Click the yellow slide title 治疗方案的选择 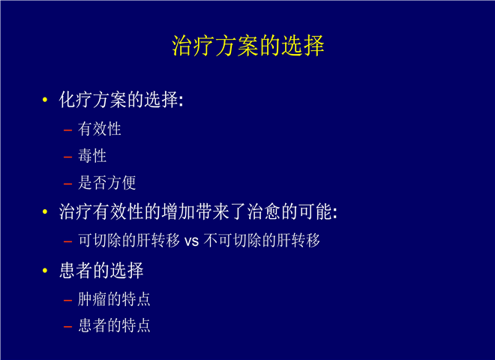point(248,46)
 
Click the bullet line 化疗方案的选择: point(121,100)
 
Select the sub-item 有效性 point(100,129)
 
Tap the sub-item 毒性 point(92,156)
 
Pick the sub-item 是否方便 point(107,183)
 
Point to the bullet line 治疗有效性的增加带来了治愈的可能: point(198,211)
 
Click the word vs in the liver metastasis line point(191,241)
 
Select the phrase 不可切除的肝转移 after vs point(262,240)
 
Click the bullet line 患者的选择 point(101,270)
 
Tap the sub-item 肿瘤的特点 point(114,299)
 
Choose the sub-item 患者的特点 point(114,325)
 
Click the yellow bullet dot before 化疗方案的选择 point(45,100)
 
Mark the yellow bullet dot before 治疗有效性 point(45,211)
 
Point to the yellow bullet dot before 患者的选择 point(45,270)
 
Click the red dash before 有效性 point(67,130)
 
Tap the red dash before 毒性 point(67,157)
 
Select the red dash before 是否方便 point(67,184)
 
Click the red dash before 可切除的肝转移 point(67,242)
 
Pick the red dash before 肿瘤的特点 point(67,300)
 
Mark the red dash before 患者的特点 point(67,326)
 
